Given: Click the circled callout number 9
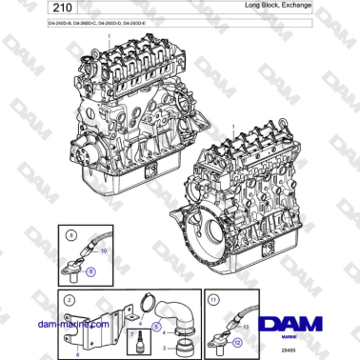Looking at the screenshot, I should [91, 271].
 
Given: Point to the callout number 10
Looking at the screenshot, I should [104, 250].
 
